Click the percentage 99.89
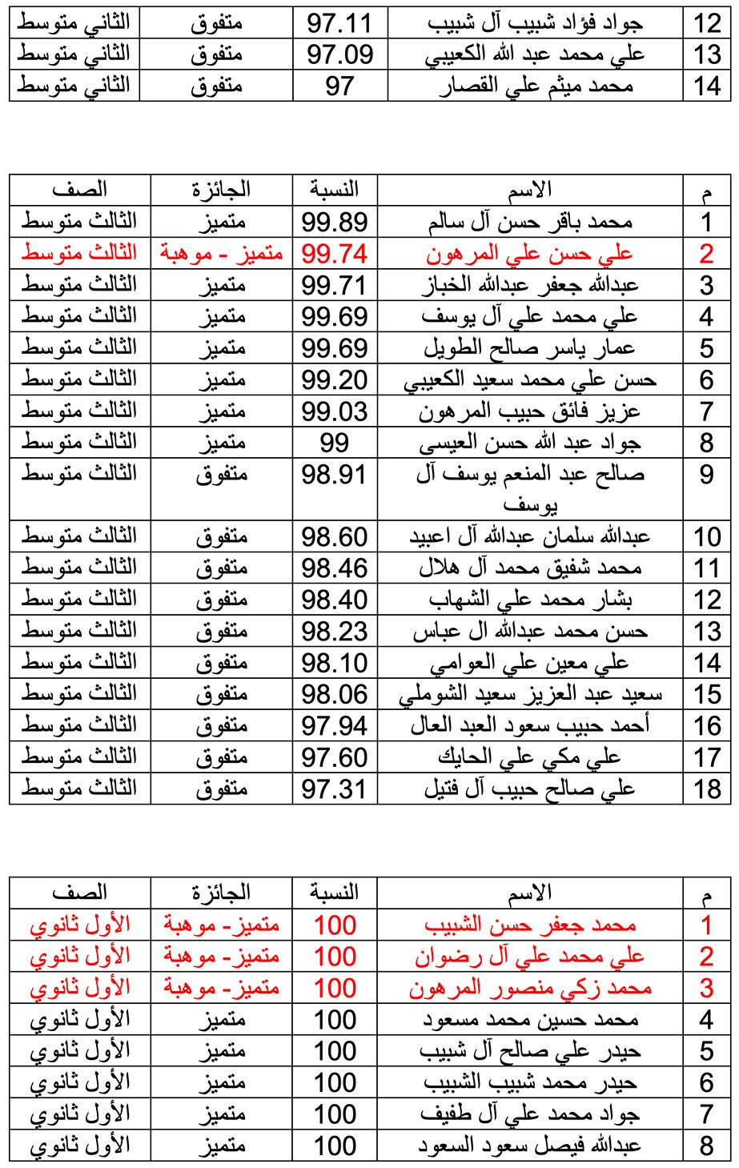(335, 222)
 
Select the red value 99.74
(335, 254)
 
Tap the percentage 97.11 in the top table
(339, 23)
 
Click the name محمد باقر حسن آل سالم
(530, 222)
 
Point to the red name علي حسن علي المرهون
(529, 254)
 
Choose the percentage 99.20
(335, 379)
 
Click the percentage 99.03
(335, 411)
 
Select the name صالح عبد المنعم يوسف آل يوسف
(530, 489)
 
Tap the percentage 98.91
(335, 475)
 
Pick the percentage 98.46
(335, 568)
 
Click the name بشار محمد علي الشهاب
(530, 600)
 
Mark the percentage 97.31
(335, 789)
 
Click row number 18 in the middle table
(707, 789)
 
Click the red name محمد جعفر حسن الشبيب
(530, 925)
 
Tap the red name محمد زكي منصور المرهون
(530, 989)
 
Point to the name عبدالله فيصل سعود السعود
(530, 1146)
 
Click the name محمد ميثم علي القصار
(536, 86)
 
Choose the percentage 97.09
(339, 54)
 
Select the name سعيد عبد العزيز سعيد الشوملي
(530, 694)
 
